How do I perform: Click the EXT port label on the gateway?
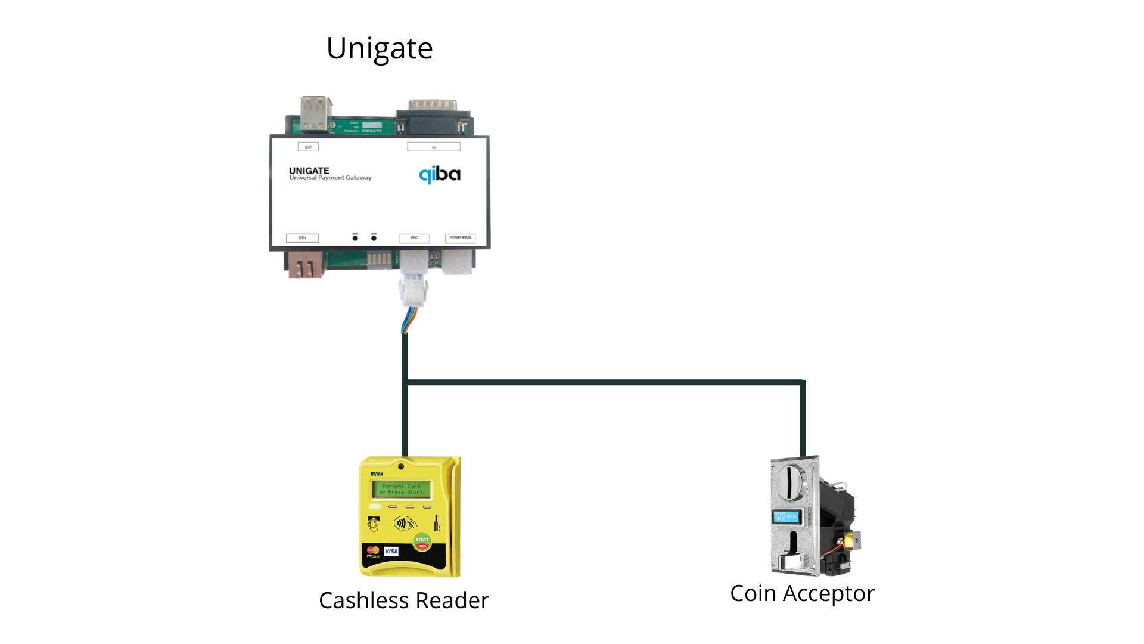point(308,147)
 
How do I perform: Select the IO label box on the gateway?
point(434,147)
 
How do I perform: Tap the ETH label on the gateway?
point(302,238)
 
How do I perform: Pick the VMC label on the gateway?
point(414,238)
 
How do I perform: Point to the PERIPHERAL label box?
point(461,238)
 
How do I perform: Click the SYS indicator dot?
point(355,238)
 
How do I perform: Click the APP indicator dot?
point(374,238)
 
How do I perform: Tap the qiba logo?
point(440,174)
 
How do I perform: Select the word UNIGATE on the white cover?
point(309,171)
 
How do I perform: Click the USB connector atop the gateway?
point(316,113)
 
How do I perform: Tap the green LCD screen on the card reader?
point(402,490)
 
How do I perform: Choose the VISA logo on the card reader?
point(391,551)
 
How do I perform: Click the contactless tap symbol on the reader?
point(405,524)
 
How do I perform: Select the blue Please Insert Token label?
point(785,516)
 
